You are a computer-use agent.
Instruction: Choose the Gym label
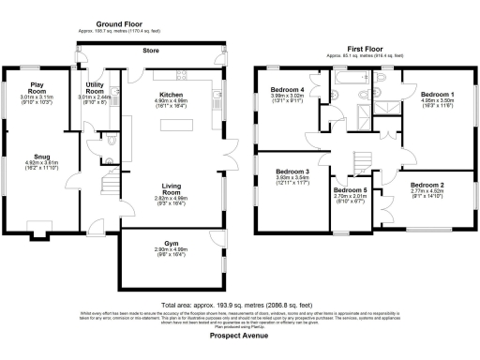[x=171, y=242]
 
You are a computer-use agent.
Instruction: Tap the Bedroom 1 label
[x=438, y=96]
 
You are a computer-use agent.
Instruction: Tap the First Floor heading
[x=365, y=48]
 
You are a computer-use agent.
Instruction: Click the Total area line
[x=239, y=306]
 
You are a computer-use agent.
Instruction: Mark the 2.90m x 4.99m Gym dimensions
[x=171, y=249]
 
